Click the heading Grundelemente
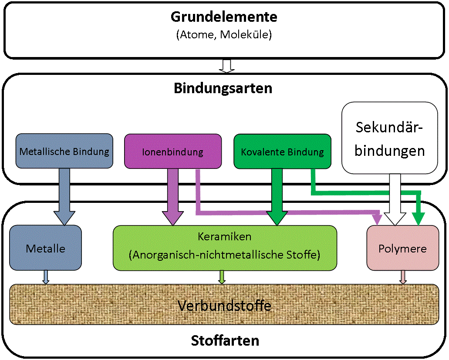(224, 17)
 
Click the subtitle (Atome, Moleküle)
(224, 35)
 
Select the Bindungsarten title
(223, 88)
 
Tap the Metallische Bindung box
(64, 151)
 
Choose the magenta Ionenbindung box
(172, 151)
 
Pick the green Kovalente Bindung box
(282, 151)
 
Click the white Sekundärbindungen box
(390, 138)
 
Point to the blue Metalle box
(45, 248)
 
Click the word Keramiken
(224, 237)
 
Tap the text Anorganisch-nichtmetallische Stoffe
(224, 255)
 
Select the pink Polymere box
(402, 249)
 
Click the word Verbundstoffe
(224, 306)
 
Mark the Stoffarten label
(225, 340)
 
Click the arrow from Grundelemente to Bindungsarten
(226, 66)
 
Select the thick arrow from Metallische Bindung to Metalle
(64, 196)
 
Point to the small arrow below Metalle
(46, 277)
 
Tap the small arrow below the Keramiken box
(222, 277)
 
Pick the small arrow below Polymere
(403, 277)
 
